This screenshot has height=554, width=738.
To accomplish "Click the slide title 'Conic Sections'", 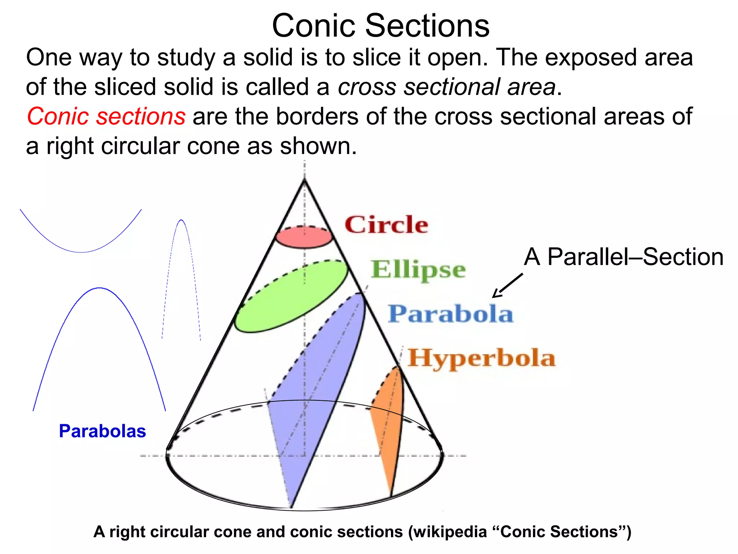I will (381, 26).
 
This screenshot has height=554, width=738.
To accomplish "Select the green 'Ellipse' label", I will (418, 269).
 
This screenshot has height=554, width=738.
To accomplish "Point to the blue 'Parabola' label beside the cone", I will (450, 313).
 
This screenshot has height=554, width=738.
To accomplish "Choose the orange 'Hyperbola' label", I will (481, 358).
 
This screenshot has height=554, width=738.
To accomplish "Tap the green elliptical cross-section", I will (291, 296).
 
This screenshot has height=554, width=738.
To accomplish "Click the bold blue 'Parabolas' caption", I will (102, 431).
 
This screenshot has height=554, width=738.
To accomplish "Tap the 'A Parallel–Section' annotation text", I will (623, 257).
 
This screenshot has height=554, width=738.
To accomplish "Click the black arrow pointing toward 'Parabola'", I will (507, 286).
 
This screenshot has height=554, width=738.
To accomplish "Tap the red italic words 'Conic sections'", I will (106, 116).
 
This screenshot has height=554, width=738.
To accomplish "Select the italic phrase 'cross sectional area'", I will (446, 87).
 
